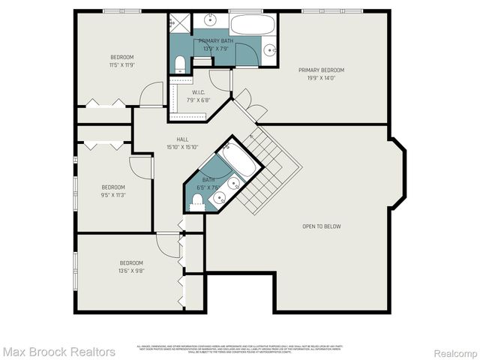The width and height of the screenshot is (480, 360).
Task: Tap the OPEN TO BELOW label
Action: (322, 226)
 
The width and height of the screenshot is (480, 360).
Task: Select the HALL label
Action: (182, 139)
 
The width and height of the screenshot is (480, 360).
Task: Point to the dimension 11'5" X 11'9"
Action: (123, 65)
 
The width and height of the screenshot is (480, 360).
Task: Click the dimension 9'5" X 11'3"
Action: (113, 195)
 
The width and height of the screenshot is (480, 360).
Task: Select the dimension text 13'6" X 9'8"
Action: (132, 271)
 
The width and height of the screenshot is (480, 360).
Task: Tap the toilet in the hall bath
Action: (198, 201)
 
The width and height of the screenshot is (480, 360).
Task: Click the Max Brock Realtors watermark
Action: (58, 351)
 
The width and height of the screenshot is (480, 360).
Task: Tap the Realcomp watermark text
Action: (452, 351)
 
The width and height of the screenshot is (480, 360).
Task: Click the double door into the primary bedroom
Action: (247, 105)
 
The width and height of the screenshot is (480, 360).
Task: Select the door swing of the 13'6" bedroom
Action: (167, 241)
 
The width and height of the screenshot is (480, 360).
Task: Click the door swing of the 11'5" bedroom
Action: (152, 94)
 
